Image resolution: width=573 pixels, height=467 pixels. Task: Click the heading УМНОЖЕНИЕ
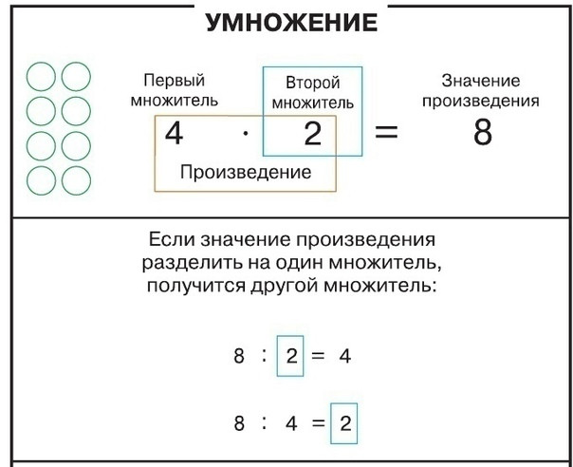tap(291, 23)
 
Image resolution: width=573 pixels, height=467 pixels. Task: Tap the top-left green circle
tap(28, 77)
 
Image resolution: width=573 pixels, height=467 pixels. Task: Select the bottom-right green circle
tap(90, 180)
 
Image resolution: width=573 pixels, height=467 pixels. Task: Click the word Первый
tap(174, 81)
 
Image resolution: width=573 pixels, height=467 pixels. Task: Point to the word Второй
tap(312, 83)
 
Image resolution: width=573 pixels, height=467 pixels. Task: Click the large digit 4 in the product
tap(174, 134)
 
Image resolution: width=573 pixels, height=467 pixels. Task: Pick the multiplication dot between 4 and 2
tap(246, 134)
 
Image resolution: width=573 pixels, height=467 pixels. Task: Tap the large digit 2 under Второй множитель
tap(312, 134)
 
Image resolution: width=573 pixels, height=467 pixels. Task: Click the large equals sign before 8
tap(386, 132)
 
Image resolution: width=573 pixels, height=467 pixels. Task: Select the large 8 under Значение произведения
tap(483, 132)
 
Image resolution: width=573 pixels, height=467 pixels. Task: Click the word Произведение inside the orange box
tap(246, 172)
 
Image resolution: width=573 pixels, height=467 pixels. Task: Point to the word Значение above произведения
tap(481, 81)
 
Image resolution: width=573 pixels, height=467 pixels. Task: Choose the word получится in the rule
tap(195, 286)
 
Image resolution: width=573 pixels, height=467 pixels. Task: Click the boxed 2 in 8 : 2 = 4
tap(291, 356)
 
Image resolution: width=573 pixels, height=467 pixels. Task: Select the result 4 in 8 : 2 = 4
tap(345, 356)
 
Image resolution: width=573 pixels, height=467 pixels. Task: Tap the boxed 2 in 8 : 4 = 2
tap(345, 423)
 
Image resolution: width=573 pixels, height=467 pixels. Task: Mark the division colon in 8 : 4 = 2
tap(265, 423)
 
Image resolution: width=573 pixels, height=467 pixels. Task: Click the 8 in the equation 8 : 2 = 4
tap(239, 356)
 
